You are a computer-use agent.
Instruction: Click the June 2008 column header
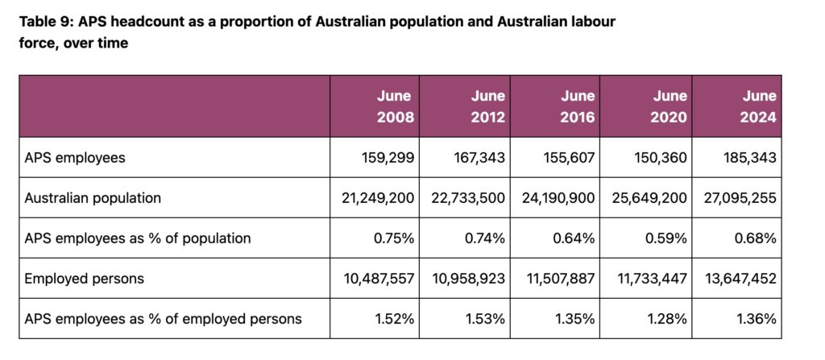point(395,106)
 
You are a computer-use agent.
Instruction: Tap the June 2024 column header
point(757,106)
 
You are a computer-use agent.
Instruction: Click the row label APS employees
point(76,158)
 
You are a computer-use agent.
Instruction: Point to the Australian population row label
point(93,198)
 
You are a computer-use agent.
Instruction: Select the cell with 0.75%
point(393,238)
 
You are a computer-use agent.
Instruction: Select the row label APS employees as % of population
point(138,238)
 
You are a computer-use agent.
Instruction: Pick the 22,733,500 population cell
point(462,198)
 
